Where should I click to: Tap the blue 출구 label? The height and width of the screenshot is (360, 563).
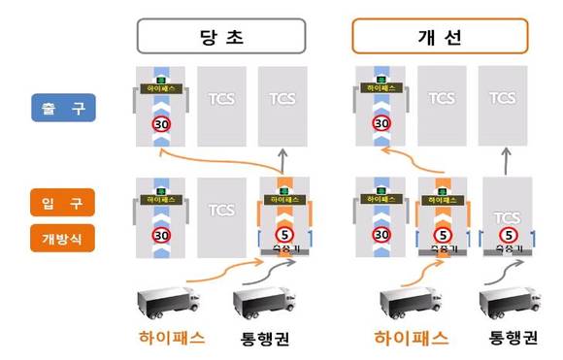click(x=61, y=107)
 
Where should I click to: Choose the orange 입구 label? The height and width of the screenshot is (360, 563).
click(x=61, y=202)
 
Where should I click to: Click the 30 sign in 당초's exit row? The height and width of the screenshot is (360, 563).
click(x=162, y=125)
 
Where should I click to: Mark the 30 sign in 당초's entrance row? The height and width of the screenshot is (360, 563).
click(x=162, y=234)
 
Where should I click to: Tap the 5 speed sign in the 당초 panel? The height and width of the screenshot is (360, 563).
click(x=282, y=234)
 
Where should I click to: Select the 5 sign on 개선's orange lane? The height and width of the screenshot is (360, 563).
click(x=443, y=234)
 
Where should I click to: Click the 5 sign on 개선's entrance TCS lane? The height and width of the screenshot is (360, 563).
click(x=505, y=234)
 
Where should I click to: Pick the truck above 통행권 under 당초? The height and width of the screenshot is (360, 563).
click(x=260, y=302)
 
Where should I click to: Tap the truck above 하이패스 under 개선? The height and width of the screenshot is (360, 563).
click(x=408, y=302)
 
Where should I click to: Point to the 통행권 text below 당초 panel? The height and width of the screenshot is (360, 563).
click(x=265, y=341)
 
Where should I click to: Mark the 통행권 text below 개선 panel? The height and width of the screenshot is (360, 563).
click(x=510, y=341)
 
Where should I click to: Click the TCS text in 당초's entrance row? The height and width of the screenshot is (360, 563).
click(x=222, y=209)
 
